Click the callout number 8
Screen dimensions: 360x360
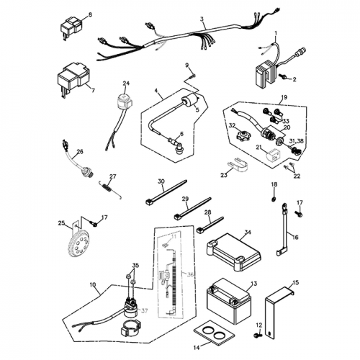point(90,14)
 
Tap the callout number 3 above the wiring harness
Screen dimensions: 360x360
point(202,18)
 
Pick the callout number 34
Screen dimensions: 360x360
point(248,233)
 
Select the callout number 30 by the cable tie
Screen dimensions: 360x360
point(161,181)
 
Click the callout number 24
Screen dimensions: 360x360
point(126,84)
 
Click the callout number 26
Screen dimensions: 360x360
point(80,151)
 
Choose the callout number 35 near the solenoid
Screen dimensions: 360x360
point(135,266)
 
